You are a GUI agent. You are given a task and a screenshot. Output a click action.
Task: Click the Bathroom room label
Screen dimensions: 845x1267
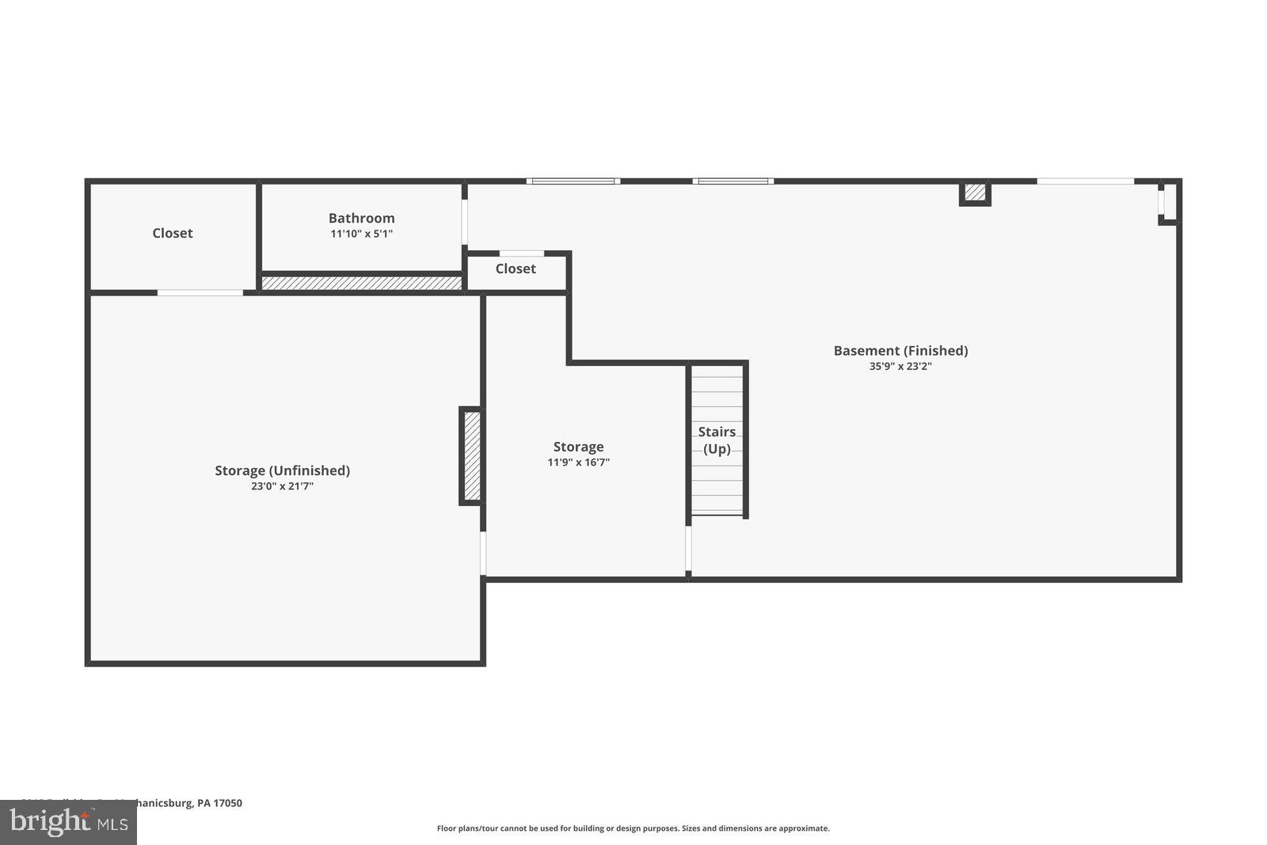click(361, 218)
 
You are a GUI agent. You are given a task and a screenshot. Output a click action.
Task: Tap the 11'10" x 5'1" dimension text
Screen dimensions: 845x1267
click(361, 234)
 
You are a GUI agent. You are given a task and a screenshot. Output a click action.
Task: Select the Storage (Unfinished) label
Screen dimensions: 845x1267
click(282, 470)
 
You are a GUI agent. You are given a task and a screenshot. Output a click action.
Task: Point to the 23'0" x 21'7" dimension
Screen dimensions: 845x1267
click(282, 486)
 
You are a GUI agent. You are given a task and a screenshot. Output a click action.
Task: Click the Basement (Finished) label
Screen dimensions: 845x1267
click(900, 351)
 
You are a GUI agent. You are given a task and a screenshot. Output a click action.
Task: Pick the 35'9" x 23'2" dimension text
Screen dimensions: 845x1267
click(900, 367)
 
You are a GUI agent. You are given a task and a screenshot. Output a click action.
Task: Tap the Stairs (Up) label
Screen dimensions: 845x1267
click(717, 440)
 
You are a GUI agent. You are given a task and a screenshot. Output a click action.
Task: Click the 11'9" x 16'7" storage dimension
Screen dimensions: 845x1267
click(578, 462)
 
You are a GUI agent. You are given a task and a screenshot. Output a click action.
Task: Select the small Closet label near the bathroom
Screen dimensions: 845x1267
click(516, 268)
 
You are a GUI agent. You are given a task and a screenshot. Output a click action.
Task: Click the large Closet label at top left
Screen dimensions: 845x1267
click(173, 233)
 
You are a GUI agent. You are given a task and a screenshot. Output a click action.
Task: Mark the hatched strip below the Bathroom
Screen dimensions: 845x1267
click(361, 283)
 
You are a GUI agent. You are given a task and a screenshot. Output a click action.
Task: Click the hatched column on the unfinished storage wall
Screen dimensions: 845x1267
click(471, 456)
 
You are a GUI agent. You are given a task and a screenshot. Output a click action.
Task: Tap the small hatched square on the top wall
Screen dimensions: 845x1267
click(975, 192)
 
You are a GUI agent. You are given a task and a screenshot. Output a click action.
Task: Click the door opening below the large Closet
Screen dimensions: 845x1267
click(200, 293)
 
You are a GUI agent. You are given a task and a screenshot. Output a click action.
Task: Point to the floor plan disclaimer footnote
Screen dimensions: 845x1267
click(633, 828)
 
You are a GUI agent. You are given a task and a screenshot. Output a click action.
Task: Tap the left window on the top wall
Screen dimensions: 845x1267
click(573, 181)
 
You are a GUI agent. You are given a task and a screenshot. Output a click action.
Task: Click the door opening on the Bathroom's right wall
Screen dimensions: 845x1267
click(465, 222)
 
